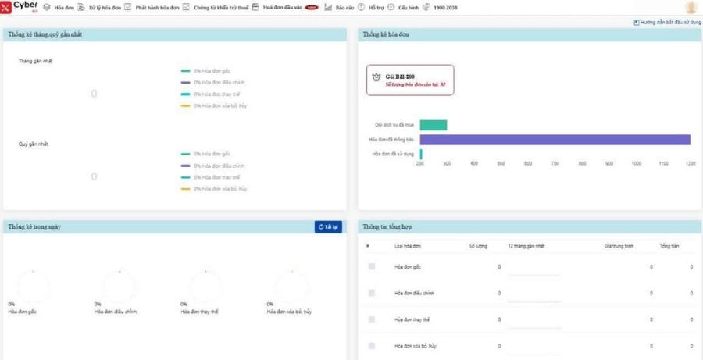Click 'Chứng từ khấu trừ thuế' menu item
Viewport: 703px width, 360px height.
[x=219, y=8]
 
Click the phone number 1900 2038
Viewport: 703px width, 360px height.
[x=446, y=8]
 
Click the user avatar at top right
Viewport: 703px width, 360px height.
[x=691, y=8]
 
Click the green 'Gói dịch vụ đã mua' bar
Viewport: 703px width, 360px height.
[x=434, y=125]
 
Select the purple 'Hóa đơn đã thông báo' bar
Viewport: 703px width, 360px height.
[x=555, y=140]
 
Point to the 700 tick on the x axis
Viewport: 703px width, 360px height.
[x=555, y=163]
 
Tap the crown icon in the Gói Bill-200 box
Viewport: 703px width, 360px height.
[x=376, y=78]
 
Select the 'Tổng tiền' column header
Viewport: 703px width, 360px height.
[x=669, y=246]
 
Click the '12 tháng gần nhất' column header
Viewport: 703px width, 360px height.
[x=525, y=246]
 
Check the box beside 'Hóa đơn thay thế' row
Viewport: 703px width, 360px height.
[x=372, y=319]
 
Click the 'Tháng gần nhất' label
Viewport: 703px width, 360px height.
[x=36, y=61]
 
